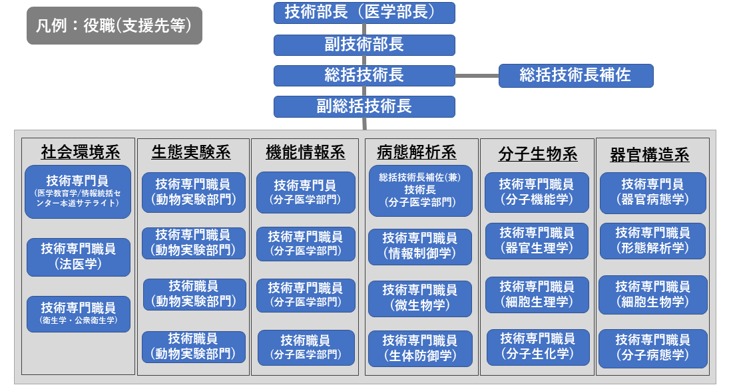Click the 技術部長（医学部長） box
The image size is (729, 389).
(x=364, y=13)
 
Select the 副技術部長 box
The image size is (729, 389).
(x=364, y=45)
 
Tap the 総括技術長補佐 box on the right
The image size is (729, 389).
(x=576, y=76)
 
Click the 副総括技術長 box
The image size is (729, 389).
(x=364, y=106)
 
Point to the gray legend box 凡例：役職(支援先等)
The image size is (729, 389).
(x=114, y=26)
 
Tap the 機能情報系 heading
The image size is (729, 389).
(x=306, y=152)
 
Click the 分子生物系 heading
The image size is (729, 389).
(x=537, y=154)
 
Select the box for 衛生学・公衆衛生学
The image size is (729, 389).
(x=79, y=315)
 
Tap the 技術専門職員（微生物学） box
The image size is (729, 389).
(x=420, y=299)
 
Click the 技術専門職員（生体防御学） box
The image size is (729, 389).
(x=420, y=348)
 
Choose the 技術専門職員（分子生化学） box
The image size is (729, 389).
(x=537, y=346)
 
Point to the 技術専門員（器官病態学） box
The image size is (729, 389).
(x=652, y=193)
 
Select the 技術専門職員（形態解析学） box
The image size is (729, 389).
(x=652, y=241)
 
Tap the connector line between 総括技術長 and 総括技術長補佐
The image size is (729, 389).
(x=477, y=76)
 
